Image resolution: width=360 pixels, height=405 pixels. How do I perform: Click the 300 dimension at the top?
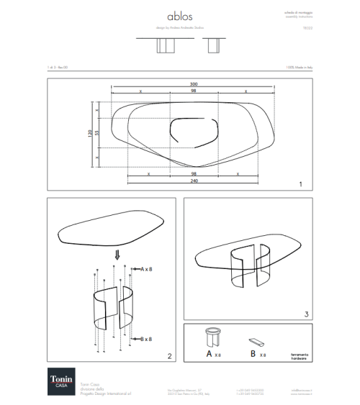pyautogui.click(x=194, y=85)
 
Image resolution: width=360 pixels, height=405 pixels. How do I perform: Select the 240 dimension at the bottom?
pyautogui.click(x=193, y=181)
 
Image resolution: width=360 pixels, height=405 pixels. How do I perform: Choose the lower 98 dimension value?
pyautogui.click(x=193, y=174)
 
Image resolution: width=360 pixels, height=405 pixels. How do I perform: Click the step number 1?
pyautogui.click(x=299, y=184)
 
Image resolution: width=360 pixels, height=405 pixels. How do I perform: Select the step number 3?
pyautogui.click(x=306, y=314)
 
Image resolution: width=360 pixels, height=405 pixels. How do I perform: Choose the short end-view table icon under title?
pyautogui.click(x=212, y=45)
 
